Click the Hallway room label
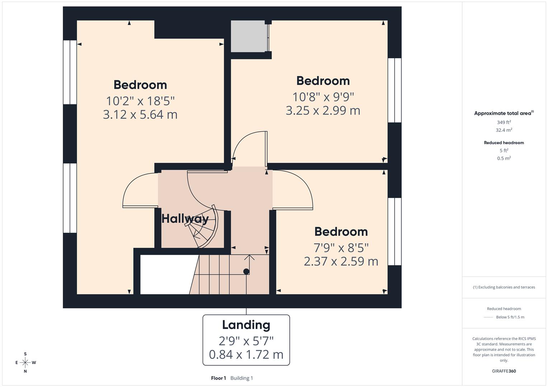[185, 219]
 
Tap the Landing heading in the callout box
[246, 325]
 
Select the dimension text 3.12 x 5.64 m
[140, 115]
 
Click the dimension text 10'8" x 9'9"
[323, 97]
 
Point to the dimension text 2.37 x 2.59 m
[341, 261]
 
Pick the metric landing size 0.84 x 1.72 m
[246, 354]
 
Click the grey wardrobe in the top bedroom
[248, 36]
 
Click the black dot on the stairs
[246, 271]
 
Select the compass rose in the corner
[25, 363]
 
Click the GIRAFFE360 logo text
[504, 371]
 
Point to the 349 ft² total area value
[504, 122]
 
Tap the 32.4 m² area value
[504, 130]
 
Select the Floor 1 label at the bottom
[219, 378]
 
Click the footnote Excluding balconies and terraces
[504, 287]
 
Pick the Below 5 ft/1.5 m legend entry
[510, 317]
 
